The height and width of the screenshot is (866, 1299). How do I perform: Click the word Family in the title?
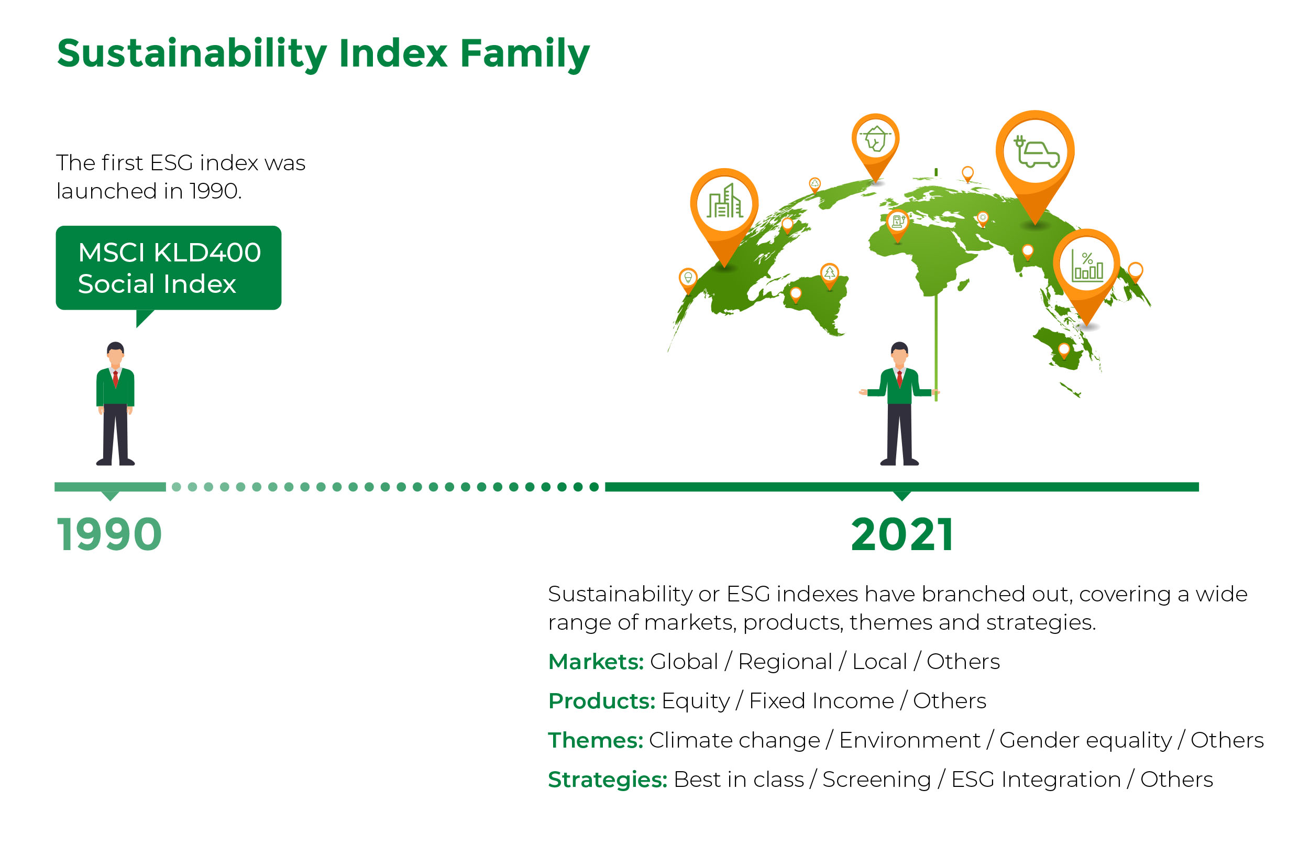524,54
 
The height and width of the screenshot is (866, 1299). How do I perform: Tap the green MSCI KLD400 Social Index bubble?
168,268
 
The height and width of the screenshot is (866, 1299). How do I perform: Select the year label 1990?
109,534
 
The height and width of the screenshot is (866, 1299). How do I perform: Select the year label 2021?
901,534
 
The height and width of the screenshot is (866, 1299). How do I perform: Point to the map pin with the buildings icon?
724,213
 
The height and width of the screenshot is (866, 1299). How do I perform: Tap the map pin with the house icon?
875,145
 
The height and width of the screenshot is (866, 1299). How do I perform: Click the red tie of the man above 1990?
115,379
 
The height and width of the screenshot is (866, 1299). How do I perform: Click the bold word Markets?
596,661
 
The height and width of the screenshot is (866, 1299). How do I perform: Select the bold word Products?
602,700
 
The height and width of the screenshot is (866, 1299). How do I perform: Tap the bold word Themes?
596,740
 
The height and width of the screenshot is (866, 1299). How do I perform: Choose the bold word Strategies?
608,779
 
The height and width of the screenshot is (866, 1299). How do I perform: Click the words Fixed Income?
821,700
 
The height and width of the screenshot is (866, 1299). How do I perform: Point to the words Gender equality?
1085,740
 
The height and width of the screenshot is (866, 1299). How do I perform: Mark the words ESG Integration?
1036,779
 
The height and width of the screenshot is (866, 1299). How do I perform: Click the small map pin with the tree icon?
829,276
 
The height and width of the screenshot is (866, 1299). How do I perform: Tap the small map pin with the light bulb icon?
688,280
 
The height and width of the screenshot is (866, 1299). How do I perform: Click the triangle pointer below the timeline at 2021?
901,496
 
